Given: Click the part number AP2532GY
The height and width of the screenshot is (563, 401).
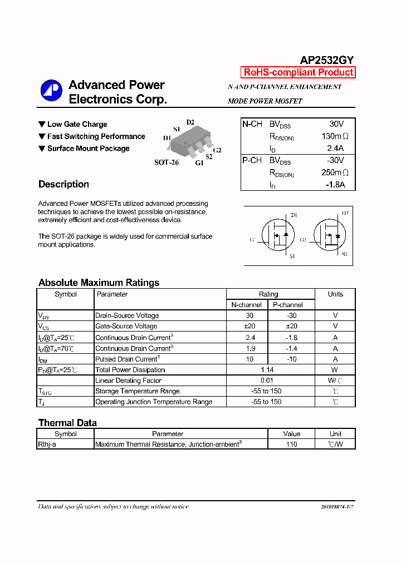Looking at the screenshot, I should coord(327,60).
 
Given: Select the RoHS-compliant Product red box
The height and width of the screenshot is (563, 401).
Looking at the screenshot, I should coord(298,72).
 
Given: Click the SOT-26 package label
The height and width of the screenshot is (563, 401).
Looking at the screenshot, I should coord(166,162).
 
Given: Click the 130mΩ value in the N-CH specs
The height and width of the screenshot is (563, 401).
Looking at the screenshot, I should coord(335,136).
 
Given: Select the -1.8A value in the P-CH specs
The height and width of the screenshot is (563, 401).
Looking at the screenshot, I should coord(335,185).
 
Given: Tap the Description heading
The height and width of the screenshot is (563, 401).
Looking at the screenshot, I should coord(63,184).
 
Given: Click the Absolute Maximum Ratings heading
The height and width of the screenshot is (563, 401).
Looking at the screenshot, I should coord(99,283).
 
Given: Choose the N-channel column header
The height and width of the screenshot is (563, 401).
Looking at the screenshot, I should coord(247,305).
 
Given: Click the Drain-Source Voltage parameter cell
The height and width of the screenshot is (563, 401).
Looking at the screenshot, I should coord(127,315).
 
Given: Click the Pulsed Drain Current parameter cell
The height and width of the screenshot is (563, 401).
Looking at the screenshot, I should coord(128,359).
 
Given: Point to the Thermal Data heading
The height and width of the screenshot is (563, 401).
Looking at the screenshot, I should coord(67,423).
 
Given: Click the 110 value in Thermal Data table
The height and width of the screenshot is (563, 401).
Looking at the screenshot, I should coord(291,445).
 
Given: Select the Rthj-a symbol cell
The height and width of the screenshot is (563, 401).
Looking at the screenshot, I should coord(47,445).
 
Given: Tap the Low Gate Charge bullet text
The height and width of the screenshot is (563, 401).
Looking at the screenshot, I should coord(77,124).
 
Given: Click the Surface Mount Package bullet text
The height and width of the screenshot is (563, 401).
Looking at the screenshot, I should coord(88,149).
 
